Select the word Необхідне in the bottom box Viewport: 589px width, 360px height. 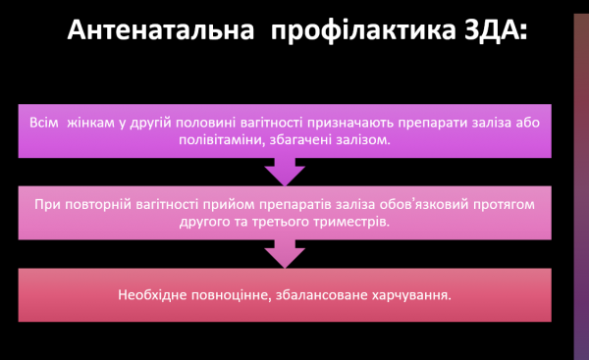[x=150, y=293]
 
